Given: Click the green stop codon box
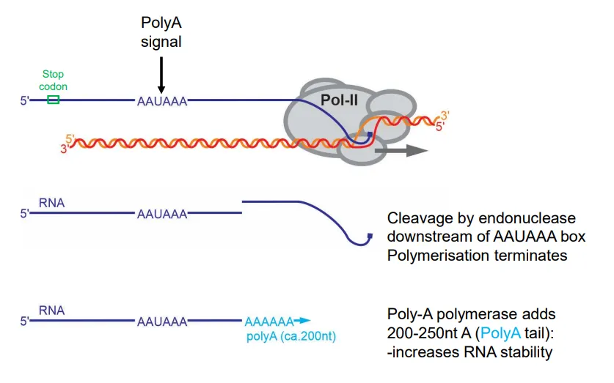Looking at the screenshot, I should coord(53,100).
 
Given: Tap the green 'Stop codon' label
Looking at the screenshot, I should coord(53,80).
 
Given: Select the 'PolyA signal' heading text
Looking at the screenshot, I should coord(161,34).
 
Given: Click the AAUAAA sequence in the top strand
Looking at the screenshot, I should coord(162,102).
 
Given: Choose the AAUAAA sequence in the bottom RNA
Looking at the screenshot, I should coord(162,321).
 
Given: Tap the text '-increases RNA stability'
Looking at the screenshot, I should coord(469,352).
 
